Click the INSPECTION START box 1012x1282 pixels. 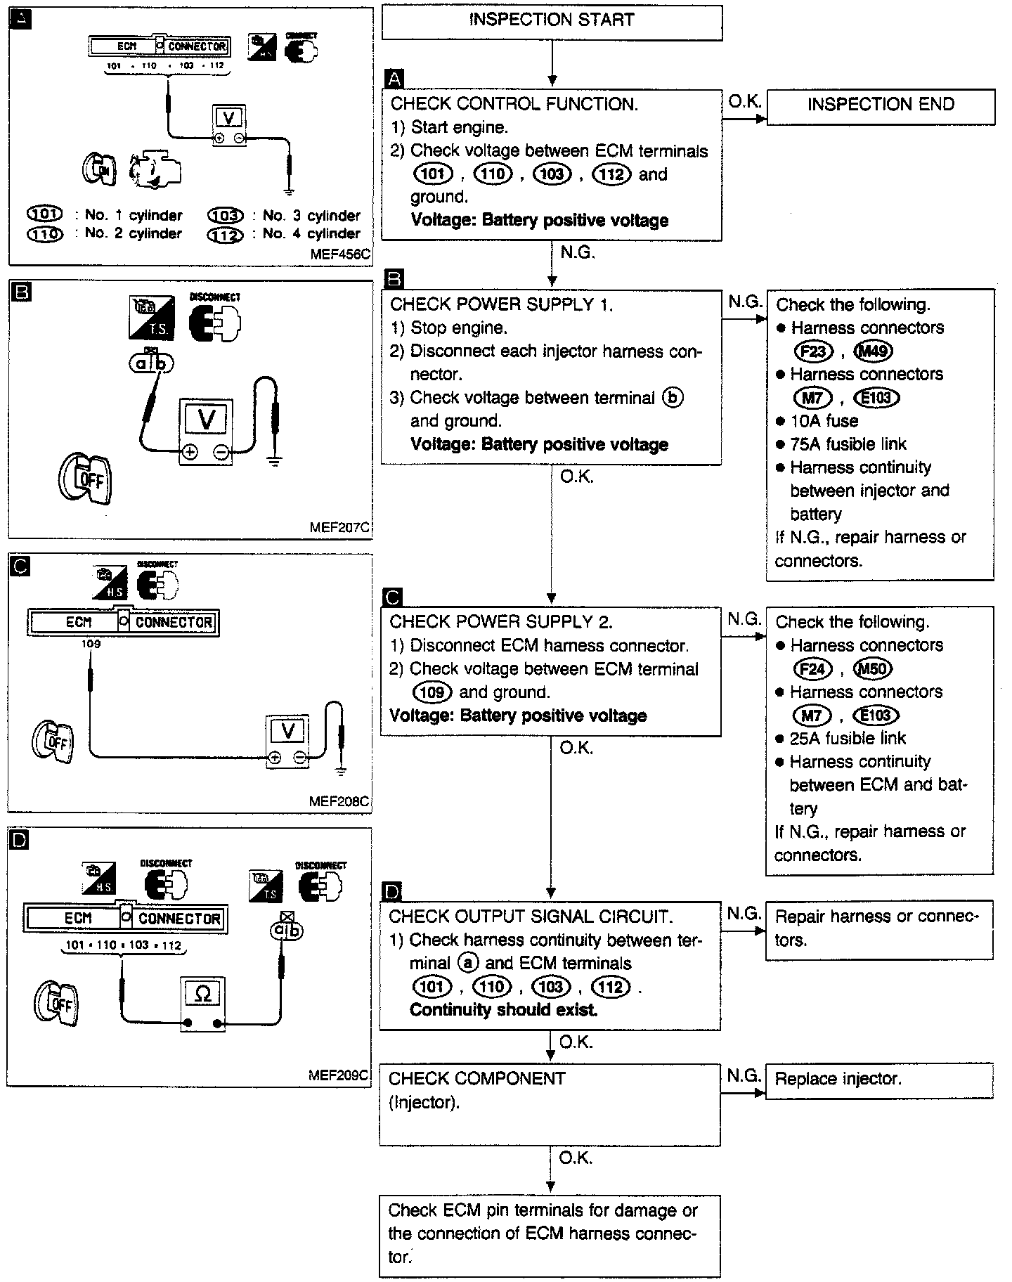[x=552, y=21]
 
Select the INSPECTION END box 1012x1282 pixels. [x=881, y=105]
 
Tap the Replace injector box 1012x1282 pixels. [x=879, y=1079]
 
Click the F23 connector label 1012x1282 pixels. [x=812, y=351]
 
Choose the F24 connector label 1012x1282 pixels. [x=812, y=668]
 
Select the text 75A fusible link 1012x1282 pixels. [x=848, y=444]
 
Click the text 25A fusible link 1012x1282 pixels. [x=848, y=739]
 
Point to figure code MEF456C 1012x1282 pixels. [x=340, y=254]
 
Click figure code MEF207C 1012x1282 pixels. [x=340, y=526]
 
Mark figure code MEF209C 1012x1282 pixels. [x=339, y=1075]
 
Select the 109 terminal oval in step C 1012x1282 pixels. [x=432, y=692]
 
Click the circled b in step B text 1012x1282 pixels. [x=673, y=398]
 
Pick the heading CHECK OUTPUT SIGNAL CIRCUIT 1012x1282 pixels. [x=531, y=917]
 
